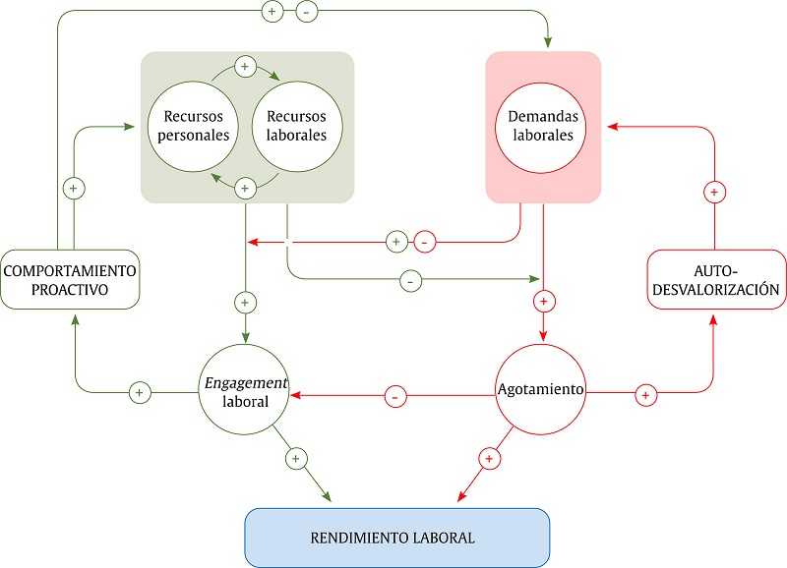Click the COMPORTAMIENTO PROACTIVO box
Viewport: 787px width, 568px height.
(69, 278)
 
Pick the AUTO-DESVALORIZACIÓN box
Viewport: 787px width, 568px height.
(716, 279)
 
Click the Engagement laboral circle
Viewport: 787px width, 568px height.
(246, 392)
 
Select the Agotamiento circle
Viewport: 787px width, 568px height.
(540, 390)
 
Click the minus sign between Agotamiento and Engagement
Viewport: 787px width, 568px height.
(393, 397)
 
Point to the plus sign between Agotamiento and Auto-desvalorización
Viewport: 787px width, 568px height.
(644, 394)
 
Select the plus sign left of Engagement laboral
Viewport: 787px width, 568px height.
(139, 392)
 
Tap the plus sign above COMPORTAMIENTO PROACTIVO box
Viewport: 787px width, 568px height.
(70, 187)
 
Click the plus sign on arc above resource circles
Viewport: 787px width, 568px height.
(246, 68)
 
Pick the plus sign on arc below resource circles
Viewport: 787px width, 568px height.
(246, 186)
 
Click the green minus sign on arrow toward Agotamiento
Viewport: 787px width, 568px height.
(411, 281)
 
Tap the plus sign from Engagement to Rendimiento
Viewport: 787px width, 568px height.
(296, 458)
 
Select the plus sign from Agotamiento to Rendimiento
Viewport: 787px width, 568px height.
(489, 458)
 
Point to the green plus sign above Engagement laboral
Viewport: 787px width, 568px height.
(245, 302)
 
